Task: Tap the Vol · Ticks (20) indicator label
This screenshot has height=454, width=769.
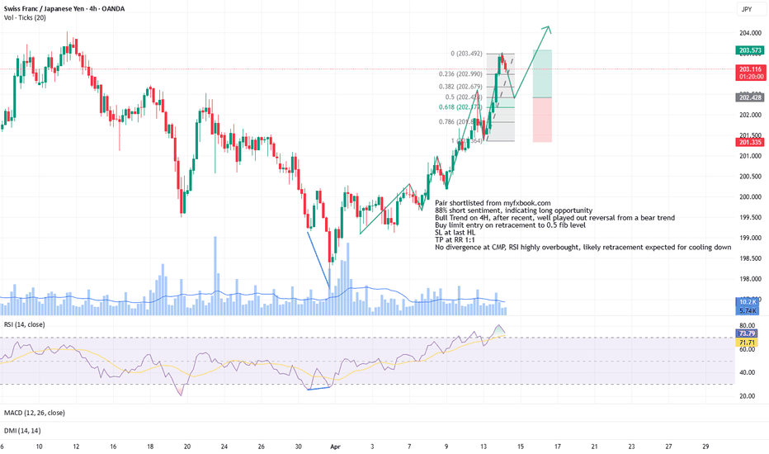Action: pos(24,19)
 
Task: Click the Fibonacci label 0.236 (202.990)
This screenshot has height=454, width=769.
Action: pos(464,73)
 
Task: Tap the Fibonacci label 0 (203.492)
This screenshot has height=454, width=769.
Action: pos(474,54)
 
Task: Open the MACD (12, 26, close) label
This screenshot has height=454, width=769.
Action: pos(34,412)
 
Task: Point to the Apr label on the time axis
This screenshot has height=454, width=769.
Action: pos(335,446)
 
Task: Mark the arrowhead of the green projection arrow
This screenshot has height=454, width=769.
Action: pos(548,29)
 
